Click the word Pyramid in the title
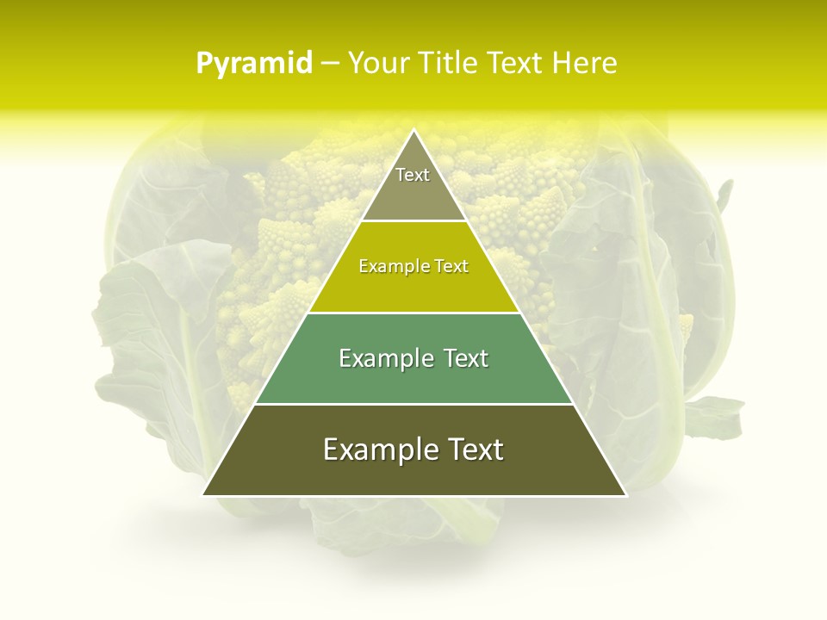[253, 64]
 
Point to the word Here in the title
[585, 64]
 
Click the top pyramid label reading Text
[413, 175]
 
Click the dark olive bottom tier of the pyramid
[413, 469]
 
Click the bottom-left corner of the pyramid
[204, 494]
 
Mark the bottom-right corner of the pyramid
[625, 494]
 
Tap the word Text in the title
[515, 64]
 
